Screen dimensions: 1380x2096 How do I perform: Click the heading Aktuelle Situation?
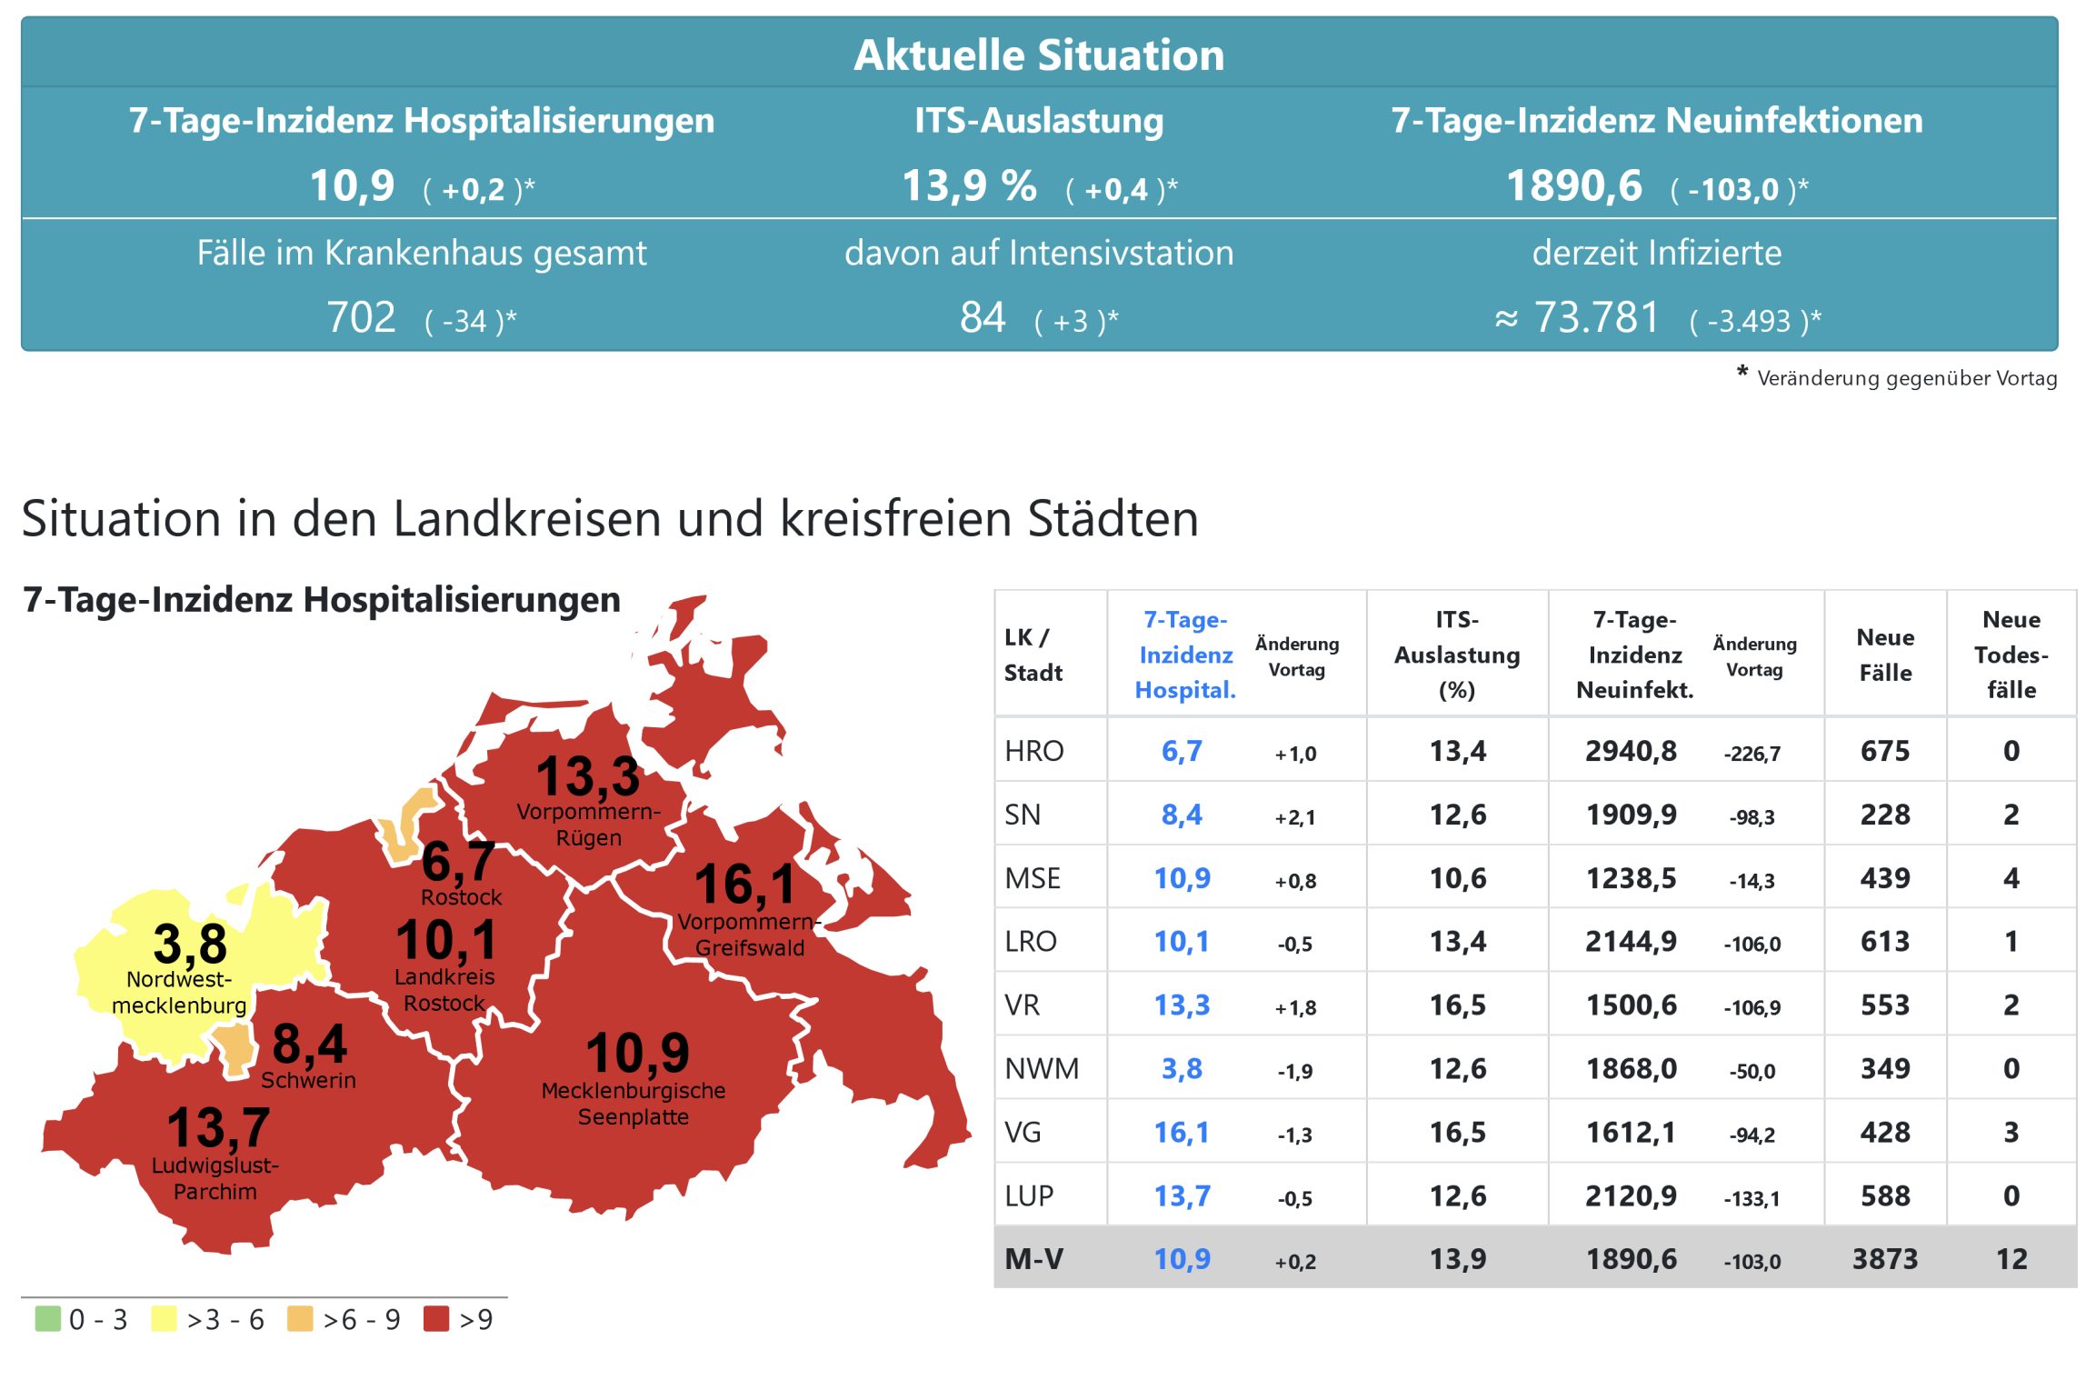click(1039, 55)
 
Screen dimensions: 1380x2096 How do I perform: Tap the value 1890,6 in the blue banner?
click(1574, 186)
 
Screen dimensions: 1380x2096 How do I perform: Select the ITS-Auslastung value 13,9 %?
click(969, 186)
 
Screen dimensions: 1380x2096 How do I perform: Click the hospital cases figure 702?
click(361, 318)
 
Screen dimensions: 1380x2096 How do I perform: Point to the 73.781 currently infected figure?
click(1596, 318)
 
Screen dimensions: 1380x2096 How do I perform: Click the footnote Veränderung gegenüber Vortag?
click(1906, 378)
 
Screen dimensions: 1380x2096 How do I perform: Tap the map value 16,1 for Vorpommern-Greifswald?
click(744, 884)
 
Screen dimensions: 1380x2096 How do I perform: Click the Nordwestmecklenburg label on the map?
click(179, 993)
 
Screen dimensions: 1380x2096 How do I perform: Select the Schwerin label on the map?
click(308, 1080)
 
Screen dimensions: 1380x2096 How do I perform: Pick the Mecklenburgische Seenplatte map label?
click(634, 1104)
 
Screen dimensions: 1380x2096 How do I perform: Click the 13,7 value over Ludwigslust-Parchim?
click(218, 1127)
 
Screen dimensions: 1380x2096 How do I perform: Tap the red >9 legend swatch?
click(436, 1318)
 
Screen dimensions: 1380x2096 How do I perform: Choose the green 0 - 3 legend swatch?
click(47, 1318)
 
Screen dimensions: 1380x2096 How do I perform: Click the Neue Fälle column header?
click(1884, 655)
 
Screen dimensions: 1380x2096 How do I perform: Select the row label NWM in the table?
click(1042, 1068)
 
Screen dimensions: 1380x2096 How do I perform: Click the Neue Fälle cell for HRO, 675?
click(1884, 751)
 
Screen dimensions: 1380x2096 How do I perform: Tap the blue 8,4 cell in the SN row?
click(1182, 815)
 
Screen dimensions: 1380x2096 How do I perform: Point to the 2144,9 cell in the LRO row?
click(1631, 941)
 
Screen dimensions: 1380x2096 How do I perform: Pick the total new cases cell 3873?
click(1884, 1259)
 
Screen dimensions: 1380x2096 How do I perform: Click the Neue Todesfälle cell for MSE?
click(2011, 878)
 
